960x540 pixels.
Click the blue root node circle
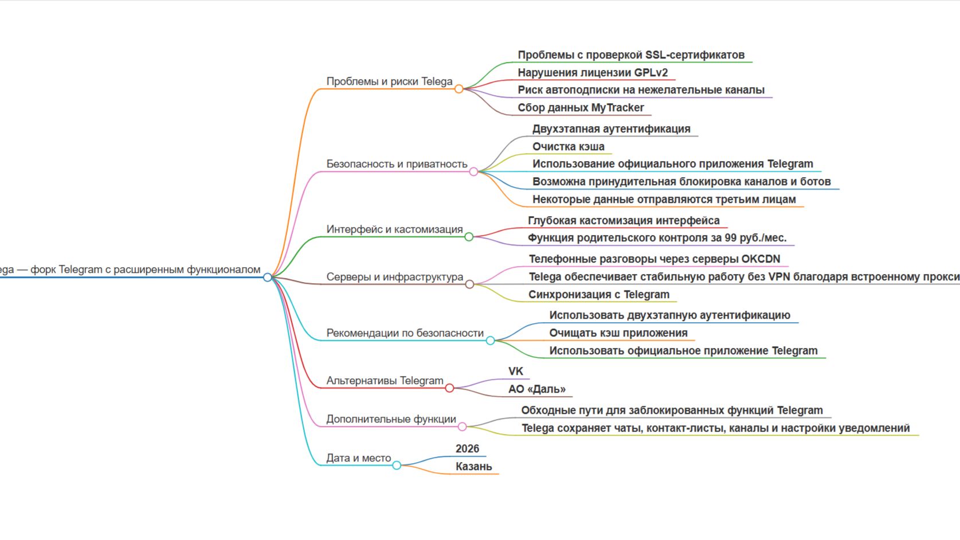tap(268, 277)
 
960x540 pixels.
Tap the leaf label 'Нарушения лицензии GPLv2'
tap(593, 73)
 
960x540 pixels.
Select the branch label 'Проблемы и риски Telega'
tap(389, 81)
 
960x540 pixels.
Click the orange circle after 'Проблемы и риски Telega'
tap(459, 89)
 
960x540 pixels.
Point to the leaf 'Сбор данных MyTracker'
tap(581, 108)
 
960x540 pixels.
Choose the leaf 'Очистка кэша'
tap(568, 147)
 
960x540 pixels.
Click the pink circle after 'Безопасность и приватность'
tap(473, 171)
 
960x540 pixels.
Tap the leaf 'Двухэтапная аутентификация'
tap(611, 129)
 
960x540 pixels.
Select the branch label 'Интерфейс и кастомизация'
tap(394, 229)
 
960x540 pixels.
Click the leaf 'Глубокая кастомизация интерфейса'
tap(624, 221)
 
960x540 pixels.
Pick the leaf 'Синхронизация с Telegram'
tap(598, 295)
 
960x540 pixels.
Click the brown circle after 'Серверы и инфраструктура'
tap(469, 284)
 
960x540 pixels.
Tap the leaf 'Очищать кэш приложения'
tap(618, 333)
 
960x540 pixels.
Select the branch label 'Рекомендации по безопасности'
tap(405, 333)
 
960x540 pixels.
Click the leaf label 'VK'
tap(515, 371)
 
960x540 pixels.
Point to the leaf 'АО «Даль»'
tap(536, 389)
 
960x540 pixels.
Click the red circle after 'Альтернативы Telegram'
tap(449, 388)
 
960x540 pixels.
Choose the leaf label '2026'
tap(467, 449)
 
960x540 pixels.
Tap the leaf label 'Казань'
tap(473, 467)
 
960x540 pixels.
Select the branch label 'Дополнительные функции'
tap(391, 419)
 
